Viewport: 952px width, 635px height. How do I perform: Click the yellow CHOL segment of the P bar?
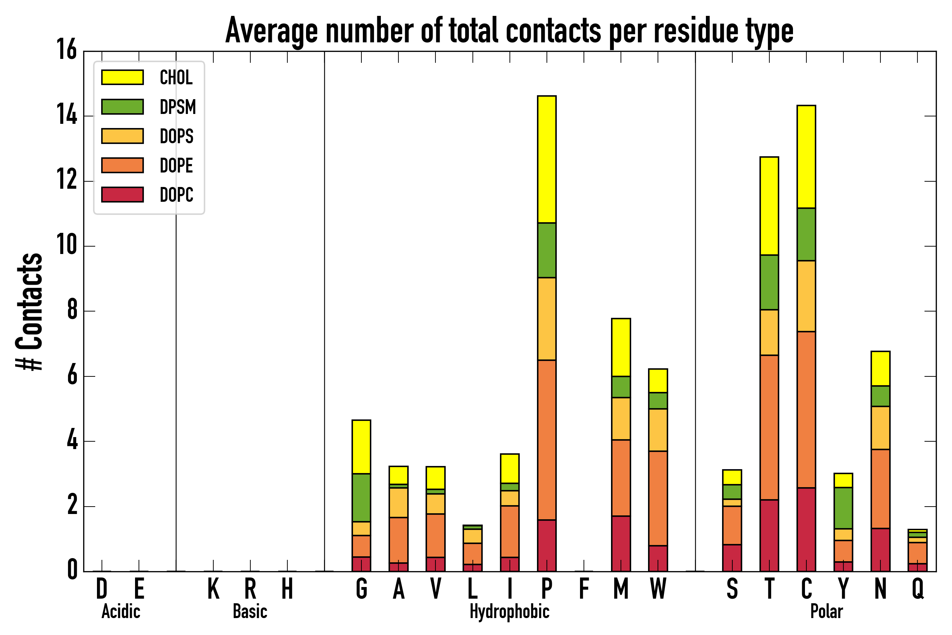(x=547, y=159)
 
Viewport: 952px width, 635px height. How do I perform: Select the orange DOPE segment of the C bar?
(x=806, y=410)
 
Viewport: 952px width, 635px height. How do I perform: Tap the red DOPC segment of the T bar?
(x=769, y=536)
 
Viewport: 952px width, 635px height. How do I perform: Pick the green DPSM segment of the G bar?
(x=361, y=497)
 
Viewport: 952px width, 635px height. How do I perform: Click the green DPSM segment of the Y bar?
(x=843, y=508)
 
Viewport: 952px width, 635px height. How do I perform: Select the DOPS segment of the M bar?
(x=621, y=418)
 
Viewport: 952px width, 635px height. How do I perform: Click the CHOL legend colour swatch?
(x=122, y=77)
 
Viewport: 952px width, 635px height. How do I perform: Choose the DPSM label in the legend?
(x=178, y=107)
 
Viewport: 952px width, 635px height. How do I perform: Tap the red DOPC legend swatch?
(x=122, y=194)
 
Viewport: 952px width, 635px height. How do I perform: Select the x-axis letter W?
(x=658, y=588)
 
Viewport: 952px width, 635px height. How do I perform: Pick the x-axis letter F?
(x=584, y=588)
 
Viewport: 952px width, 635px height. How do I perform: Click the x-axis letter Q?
(x=917, y=588)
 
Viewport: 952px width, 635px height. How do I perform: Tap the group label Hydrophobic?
(x=509, y=611)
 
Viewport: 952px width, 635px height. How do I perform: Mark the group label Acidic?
(x=121, y=611)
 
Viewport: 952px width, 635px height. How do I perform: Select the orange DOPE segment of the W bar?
(x=658, y=498)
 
